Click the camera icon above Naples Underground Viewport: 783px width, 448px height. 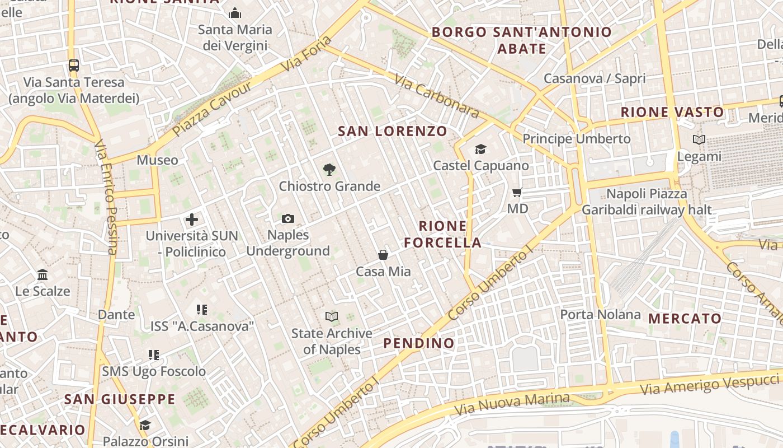(288, 218)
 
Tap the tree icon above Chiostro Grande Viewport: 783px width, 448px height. (329, 169)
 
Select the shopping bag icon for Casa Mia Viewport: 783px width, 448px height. (383, 255)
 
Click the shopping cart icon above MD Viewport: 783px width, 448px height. (517, 192)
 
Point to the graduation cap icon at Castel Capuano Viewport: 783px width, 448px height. (480, 149)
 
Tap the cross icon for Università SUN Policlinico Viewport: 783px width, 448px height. (192, 219)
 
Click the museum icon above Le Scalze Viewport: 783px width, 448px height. (43, 274)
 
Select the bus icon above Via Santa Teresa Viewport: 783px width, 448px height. (74, 65)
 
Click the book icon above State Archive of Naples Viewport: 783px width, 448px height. (332, 317)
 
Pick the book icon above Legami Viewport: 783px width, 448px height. (699, 139)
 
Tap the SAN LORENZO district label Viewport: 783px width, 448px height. (393, 132)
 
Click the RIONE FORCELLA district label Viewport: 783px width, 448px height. (442, 234)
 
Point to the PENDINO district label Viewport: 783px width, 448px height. (419, 343)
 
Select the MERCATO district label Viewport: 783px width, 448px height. (685, 319)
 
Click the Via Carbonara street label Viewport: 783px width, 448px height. (437, 96)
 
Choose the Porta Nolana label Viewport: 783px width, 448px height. (600, 315)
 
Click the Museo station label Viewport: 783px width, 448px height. (158, 160)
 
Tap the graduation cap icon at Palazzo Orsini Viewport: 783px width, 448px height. (145, 426)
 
